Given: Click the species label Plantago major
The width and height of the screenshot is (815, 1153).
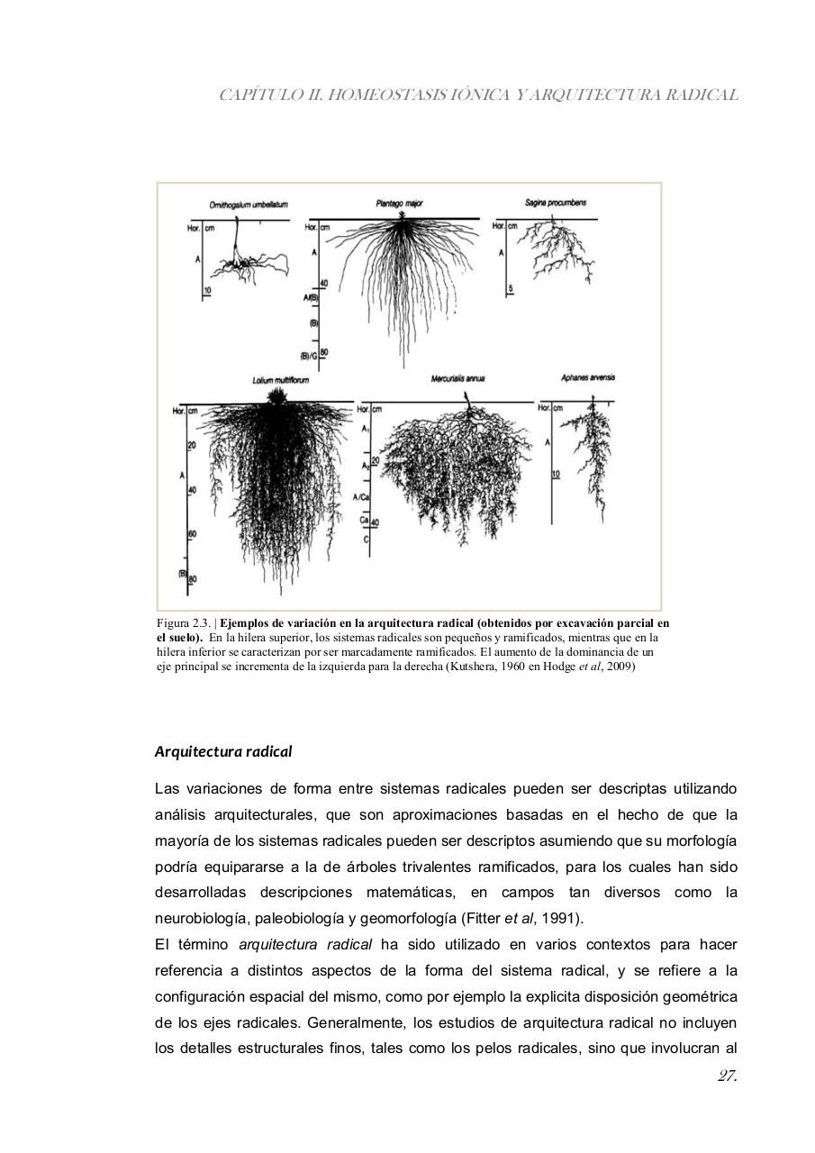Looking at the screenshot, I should (x=400, y=204).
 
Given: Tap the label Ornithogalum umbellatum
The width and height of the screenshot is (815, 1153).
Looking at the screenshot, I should (x=248, y=205).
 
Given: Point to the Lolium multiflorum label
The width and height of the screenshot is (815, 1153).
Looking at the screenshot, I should (x=276, y=381).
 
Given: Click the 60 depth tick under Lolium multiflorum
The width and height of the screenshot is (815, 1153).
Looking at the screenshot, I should (x=191, y=534).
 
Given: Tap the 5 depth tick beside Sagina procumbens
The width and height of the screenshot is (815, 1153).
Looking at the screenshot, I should (x=510, y=289).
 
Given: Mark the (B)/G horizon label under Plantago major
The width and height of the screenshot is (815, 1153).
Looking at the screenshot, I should (x=312, y=353).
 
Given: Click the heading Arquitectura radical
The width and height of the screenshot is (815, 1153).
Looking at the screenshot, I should (x=223, y=750).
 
